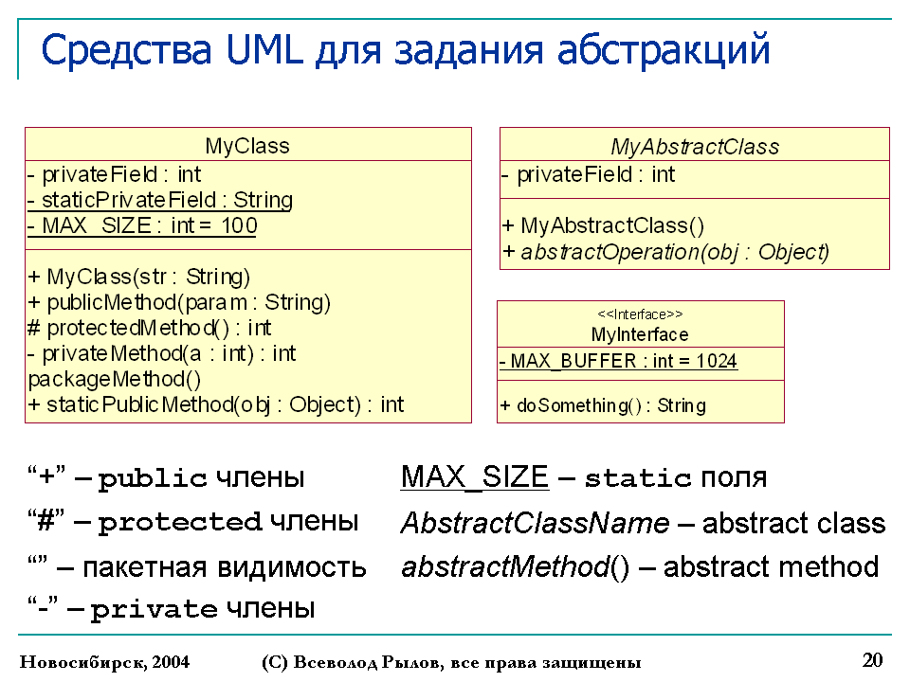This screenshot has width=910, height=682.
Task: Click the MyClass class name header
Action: (x=247, y=146)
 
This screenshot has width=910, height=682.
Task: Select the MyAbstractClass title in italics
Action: (x=695, y=147)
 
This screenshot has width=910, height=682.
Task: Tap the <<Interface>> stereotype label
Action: (x=640, y=314)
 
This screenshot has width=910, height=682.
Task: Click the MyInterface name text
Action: (x=640, y=334)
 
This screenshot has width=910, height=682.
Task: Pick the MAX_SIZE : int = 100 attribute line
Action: (x=143, y=225)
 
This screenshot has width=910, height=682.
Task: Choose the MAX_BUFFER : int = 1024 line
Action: (x=619, y=361)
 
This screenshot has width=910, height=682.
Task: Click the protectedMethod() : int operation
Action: (x=150, y=329)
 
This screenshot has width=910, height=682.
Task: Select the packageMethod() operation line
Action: (x=115, y=379)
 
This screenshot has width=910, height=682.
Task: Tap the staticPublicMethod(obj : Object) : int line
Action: (x=216, y=404)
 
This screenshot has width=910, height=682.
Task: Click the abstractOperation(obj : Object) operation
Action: (x=666, y=252)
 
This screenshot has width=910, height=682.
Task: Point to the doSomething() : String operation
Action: (x=603, y=405)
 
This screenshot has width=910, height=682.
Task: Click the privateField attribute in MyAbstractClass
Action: (x=589, y=174)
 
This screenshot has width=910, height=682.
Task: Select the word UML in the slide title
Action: (x=264, y=50)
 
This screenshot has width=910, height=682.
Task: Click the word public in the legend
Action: (x=153, y=479)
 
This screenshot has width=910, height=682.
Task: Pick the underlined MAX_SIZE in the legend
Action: (x=475, y=477)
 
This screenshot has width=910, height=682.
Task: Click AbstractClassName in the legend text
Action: (x=535, y=523)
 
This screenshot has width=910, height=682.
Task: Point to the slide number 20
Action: (x=872, y=660)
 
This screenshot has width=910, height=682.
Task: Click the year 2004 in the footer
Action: (x=172, y=662)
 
